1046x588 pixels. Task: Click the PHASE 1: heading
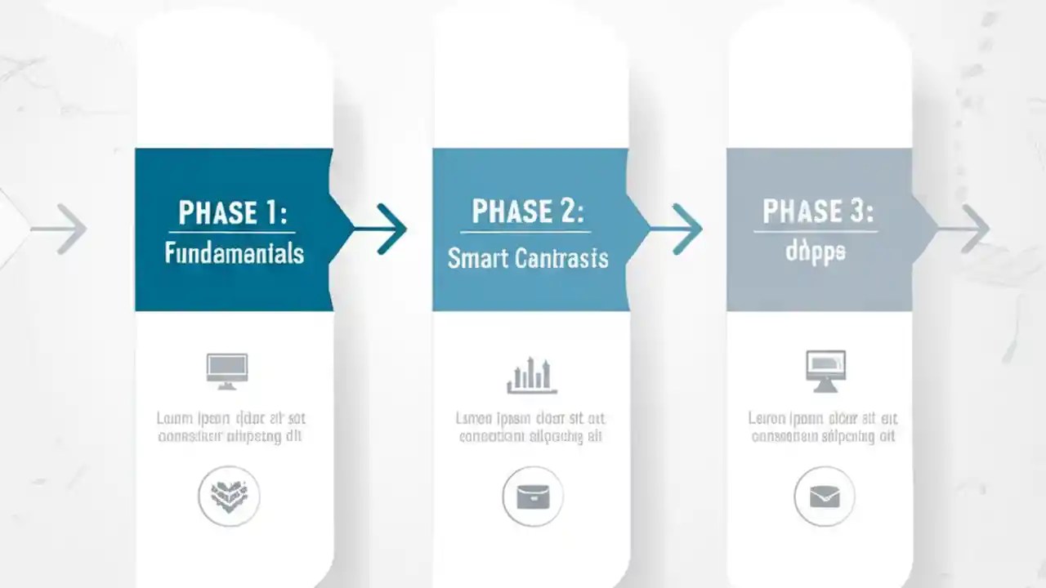[233, 213]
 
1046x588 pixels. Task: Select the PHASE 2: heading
[528, 212]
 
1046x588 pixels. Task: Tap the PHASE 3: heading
[818, 212]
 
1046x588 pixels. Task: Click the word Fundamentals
[234, 253]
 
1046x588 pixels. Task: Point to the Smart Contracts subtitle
[528, 259]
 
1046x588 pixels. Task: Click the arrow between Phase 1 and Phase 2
[381, 229]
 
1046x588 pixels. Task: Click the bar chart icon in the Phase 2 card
[531, 375]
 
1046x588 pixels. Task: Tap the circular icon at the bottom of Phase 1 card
[230, 495]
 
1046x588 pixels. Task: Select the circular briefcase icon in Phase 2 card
[533, 496]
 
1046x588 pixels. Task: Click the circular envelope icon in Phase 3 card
[825, 496]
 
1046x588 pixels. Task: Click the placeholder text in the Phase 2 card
[530, 427]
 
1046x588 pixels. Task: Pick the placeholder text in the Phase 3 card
[823, 427]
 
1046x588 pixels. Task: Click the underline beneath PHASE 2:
[528, 232]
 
